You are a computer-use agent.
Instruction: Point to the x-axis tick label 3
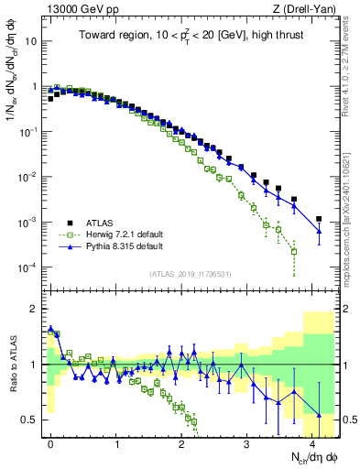pyautogui.click(x=247, y=442)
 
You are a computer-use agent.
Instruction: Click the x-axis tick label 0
pyautogui.click(x=50, y=442)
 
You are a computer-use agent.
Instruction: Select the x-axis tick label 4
pyautogui.click(x=313, y=442)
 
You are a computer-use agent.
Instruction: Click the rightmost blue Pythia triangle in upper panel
pyautogui.click(x=319, y=231)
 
